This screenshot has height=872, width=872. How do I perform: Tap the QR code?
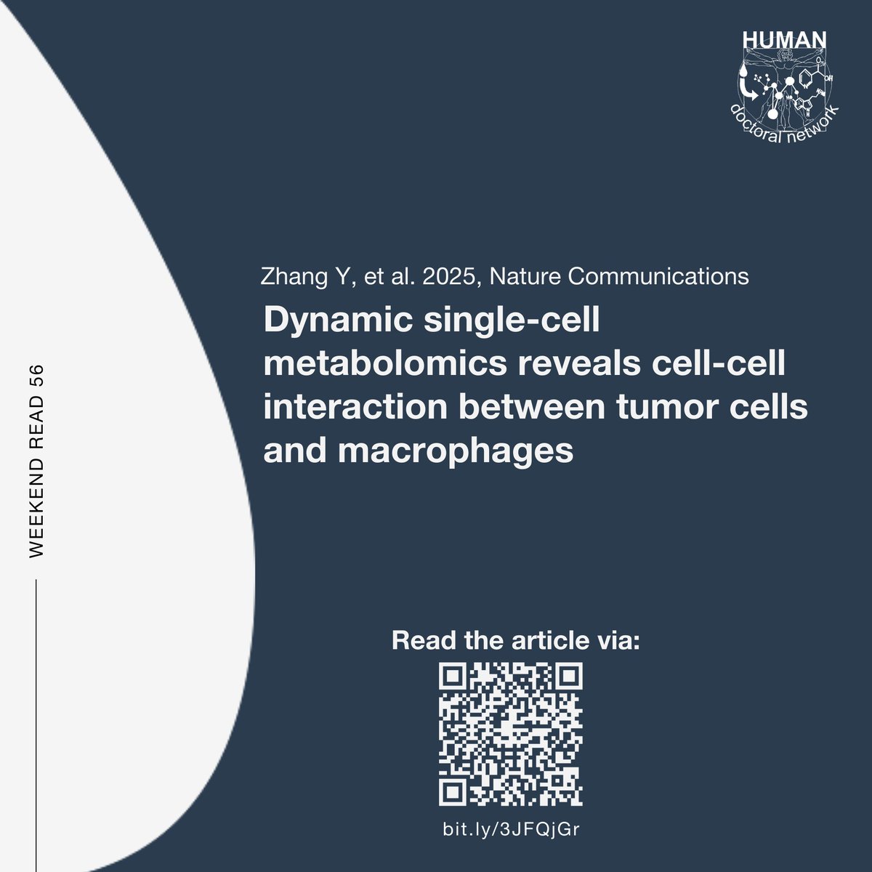click(x=511, y=735)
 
